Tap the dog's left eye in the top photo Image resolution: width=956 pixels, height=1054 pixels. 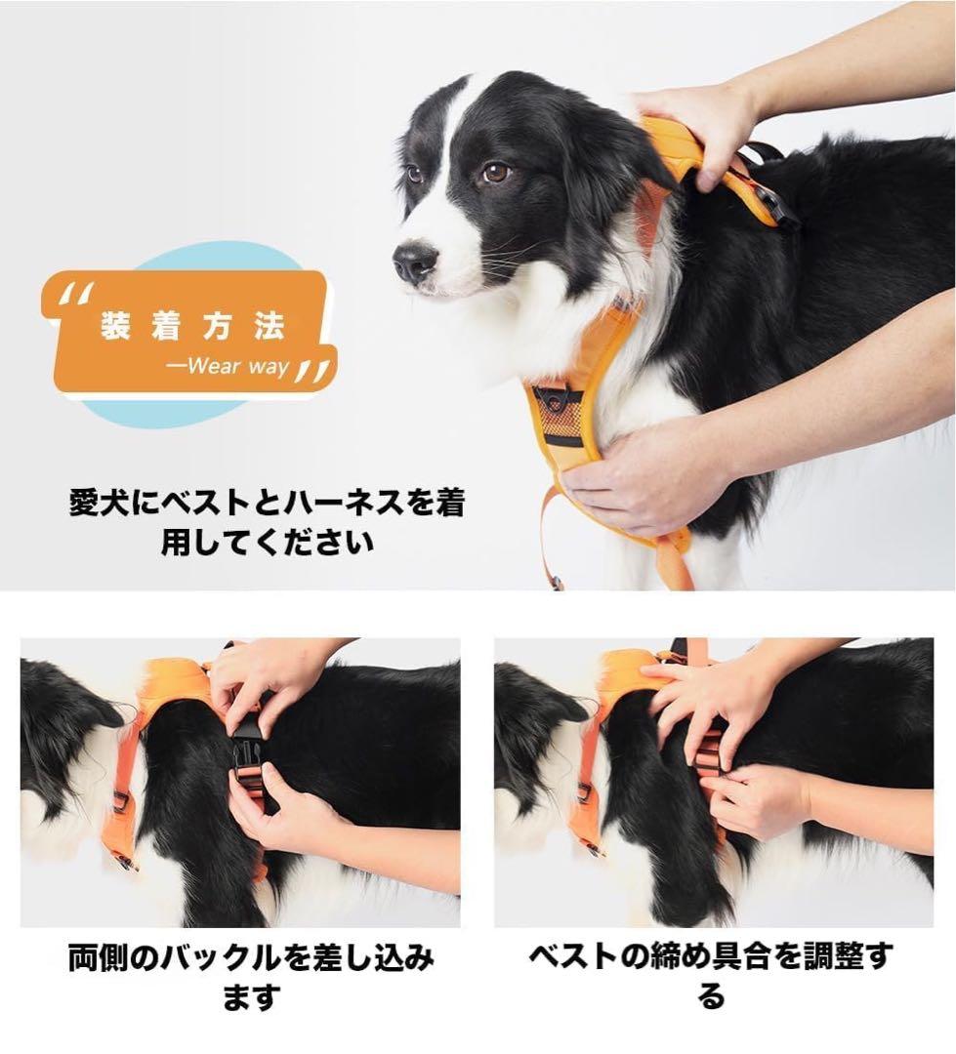[495, 173]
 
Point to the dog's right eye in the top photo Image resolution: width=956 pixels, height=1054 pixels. [415, 174]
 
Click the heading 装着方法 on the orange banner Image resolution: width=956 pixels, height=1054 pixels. [191, 327]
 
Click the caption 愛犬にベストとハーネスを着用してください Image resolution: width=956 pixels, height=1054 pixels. [267, 522]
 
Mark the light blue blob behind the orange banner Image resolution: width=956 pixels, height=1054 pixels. [195, 410]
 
